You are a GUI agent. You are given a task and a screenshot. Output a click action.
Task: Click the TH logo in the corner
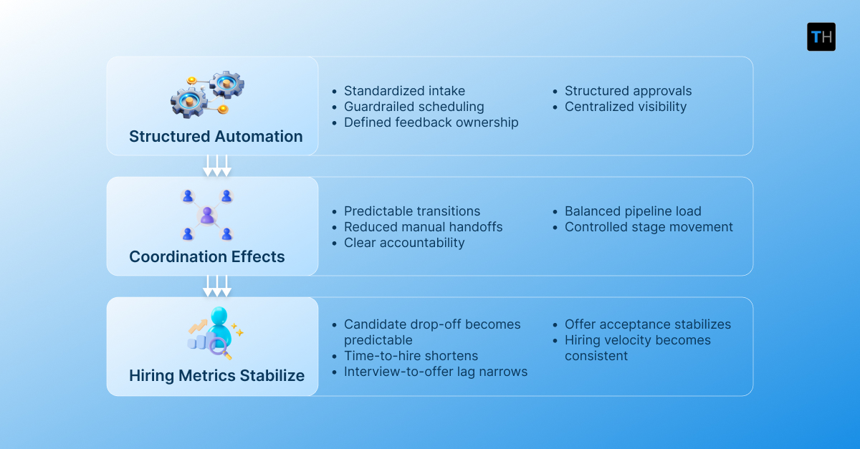[x=821, y=37]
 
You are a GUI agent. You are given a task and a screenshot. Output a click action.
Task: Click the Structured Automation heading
[x=216, y=136]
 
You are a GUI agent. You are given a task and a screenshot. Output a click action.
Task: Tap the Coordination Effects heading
[x=207, y=256]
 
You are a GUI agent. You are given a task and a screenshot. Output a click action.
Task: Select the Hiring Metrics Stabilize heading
[x=216, y=375]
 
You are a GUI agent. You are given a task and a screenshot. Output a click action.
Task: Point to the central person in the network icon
[x=207, y=214]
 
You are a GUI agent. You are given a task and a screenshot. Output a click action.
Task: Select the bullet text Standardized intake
[x=404, y=91]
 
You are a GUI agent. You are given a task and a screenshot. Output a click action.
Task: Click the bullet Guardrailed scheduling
[x=414, y=107]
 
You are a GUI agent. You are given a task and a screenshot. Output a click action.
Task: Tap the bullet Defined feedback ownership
[x=431, y=122]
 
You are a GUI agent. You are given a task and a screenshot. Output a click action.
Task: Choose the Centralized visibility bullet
[x=625, y=107]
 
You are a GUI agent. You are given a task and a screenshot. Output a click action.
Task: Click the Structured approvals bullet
[x=628, y=91]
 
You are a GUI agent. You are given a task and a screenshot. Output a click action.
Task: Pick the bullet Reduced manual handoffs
[x=423, y=227]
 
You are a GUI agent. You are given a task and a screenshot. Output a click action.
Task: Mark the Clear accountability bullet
[x=404, y=243]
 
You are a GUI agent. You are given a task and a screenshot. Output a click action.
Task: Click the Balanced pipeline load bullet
[x=633, y=211]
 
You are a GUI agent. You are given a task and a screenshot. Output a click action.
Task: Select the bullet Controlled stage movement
[x=649, y=227]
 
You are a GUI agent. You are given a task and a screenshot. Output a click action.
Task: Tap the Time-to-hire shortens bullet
[x=411, y=356]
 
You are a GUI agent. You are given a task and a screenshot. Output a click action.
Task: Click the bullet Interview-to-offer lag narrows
[x=436, y=372]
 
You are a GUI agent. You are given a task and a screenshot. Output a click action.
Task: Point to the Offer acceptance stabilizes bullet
[x=648, y=324]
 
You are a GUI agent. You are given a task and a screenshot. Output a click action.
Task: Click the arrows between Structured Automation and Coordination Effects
[x=217, y=165]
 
